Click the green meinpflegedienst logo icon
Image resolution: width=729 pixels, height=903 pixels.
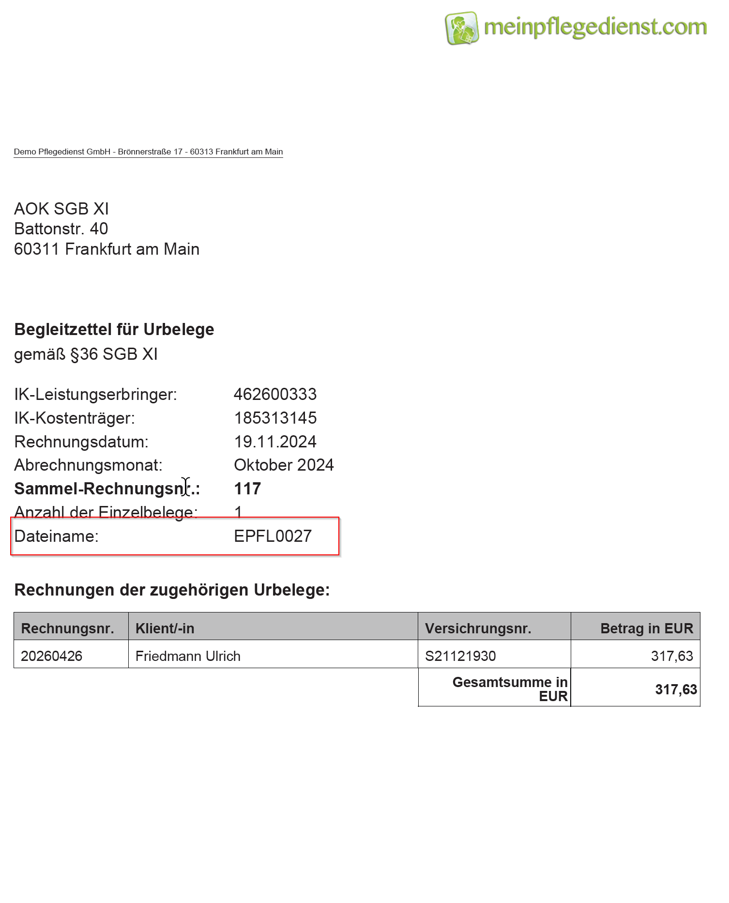[x=461, y=28]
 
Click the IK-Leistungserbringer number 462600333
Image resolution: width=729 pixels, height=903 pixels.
[x=275, y=394]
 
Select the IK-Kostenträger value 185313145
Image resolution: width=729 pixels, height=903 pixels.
[x=275, y=418]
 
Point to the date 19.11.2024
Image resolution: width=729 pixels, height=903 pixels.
[x=275, y=442]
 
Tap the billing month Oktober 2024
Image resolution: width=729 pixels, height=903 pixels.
[x=284, y=465]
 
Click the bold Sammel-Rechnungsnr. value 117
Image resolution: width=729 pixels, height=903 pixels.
[x=247, y=489]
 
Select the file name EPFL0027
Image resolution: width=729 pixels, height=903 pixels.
[x=273, y=536]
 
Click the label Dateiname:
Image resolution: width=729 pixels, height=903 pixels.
[x=56, y=536]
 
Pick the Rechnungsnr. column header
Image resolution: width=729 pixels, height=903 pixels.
[x=68, y=628]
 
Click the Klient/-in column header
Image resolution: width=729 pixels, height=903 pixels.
[x=165, y=628]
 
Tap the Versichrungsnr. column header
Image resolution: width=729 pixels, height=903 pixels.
[x=478, y=628]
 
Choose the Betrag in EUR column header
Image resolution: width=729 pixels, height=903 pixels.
[x=646, y=628]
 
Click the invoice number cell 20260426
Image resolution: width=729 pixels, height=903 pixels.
[x=51, y=656]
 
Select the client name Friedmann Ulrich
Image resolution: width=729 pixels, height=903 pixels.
[x=188, y=656]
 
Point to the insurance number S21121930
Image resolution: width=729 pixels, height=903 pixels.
[x=460, y=656]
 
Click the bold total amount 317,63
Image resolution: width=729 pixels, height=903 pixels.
[x=676, y=689]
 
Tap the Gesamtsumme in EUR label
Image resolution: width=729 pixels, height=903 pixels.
[x=510, y=689]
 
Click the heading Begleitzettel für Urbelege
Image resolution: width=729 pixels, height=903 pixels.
[x=114, y=329]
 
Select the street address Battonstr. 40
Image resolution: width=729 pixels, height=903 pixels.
[x=61, y=229]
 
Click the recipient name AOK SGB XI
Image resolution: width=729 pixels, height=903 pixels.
[x=61, y=209]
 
